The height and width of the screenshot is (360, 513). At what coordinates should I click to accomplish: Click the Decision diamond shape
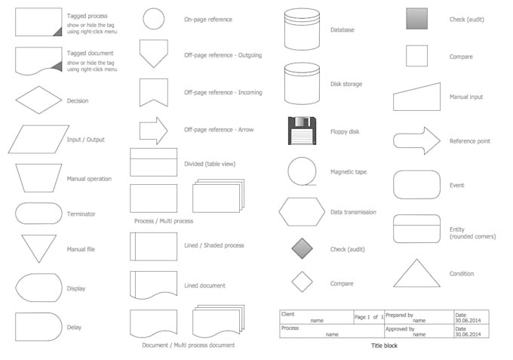coord(38,100)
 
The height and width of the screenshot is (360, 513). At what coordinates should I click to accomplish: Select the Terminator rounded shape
coord(38,214)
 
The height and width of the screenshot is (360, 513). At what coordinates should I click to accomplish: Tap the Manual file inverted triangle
coord(38,248)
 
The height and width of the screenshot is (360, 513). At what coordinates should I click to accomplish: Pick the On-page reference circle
coord(154,19)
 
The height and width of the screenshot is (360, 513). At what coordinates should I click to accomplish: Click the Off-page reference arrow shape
coord(154,130)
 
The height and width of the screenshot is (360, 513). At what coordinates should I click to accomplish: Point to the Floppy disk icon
coord(302,131)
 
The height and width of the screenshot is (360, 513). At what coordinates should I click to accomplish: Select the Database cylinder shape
coord(302,29)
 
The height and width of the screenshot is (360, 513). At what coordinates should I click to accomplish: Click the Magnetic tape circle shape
coord(302,171)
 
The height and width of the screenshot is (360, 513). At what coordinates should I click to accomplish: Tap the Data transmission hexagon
coord(302,212)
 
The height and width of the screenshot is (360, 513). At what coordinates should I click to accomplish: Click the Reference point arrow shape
coord(416,140)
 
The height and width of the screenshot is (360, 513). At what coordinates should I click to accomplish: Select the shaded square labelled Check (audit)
coord(416,19)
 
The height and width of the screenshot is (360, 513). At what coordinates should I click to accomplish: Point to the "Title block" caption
coord(383,346)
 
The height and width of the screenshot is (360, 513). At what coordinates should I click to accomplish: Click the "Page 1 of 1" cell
coord(369,317)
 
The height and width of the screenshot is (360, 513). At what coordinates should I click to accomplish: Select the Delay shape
coord(38,327)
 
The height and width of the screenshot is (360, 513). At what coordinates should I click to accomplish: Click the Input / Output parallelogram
coord(38,139)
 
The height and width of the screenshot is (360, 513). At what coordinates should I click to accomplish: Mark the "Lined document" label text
coord(204,285)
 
